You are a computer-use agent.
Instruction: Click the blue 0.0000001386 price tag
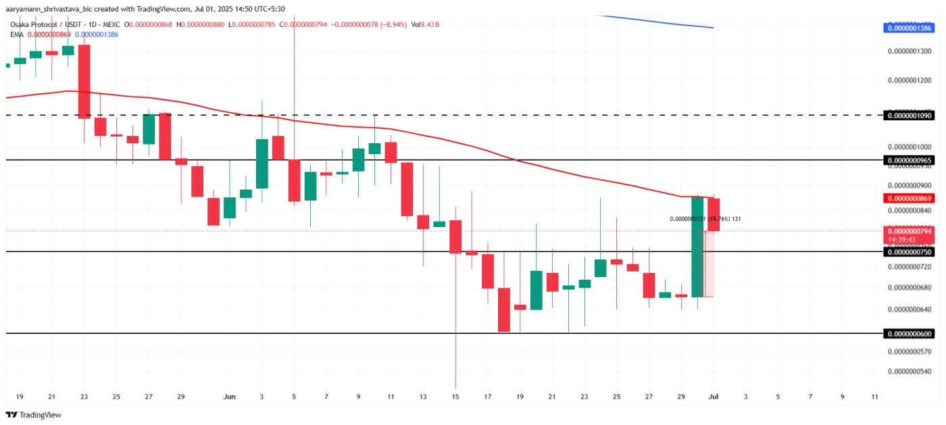click(908, 28)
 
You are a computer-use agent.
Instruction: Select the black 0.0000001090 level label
click(908, 116)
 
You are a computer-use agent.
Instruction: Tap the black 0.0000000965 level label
click(908, 160)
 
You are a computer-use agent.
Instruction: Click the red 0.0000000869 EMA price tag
click(908, 199)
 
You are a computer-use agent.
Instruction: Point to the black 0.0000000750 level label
click(908, 251)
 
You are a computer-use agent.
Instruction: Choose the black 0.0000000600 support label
click(908, 334)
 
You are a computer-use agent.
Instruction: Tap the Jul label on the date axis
click(712, 397)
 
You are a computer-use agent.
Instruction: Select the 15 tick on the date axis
click(455, 397)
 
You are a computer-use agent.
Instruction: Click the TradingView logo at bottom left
click(34, 415)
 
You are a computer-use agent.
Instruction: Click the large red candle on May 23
click(84, 81)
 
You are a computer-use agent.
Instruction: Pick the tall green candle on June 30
click(698, 246)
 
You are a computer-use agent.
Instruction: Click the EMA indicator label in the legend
click(16, 34)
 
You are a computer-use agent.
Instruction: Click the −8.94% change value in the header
click(392, 24)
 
